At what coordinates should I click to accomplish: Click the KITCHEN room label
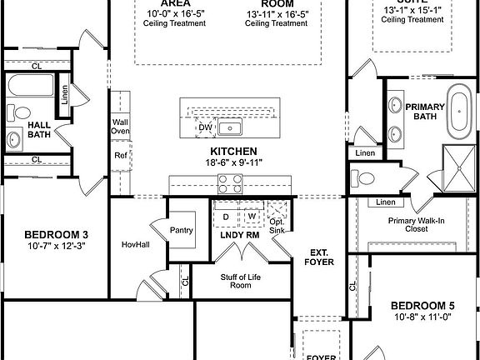(232, 151)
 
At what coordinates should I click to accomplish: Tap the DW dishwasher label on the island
(203, 127)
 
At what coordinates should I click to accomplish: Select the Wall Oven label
(121, 127)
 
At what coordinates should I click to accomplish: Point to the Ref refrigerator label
(121, 155)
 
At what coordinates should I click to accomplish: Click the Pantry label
(181, 230)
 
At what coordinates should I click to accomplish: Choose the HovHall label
(134, 244)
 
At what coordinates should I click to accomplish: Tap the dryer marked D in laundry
(225, 217)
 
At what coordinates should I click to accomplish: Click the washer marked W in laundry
(250, 217)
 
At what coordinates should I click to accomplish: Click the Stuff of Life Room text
(235, 280)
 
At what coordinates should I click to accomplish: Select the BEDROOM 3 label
(57, 234)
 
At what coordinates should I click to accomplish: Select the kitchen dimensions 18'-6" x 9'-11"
(232, 162)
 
